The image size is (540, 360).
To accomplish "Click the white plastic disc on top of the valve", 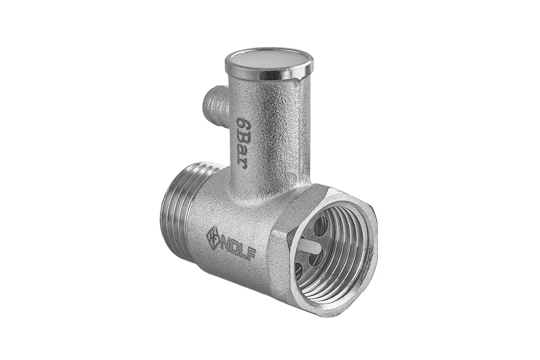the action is (269, 59).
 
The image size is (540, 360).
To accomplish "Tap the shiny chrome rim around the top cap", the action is (269, 76).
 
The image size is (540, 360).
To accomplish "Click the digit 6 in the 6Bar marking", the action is (242, 124).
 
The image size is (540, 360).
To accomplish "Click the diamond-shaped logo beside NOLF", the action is (213, 237).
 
